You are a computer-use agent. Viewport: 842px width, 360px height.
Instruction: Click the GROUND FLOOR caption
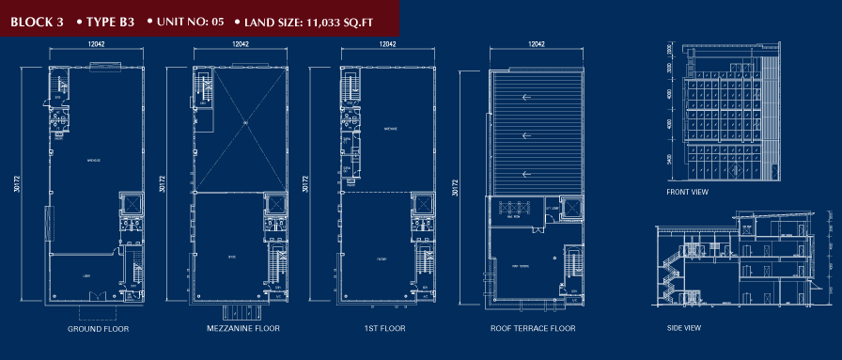(x=98, y=329)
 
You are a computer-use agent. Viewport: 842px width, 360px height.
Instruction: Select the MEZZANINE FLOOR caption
(x=242, y=329)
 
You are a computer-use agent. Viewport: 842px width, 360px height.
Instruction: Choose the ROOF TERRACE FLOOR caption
(x=533, y=329)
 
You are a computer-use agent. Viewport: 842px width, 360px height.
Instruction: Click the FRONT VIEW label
(x=687, y=193)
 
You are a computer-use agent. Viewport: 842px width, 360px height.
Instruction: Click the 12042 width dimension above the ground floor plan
(x=96, y=44)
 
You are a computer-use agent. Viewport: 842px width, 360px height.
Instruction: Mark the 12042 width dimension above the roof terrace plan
(x=537, y=44)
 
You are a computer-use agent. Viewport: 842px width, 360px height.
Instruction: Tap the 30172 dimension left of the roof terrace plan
(x=456, y=185)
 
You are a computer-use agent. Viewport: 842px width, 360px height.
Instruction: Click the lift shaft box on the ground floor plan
(x=130, y=203)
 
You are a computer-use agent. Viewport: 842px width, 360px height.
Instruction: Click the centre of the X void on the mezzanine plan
(x=242, y=124)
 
